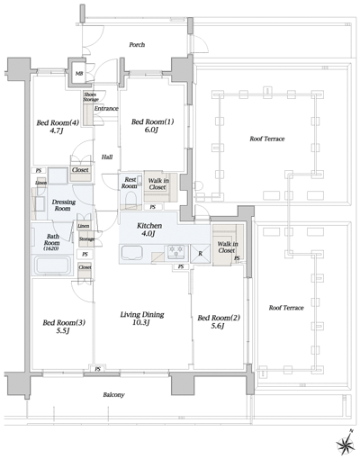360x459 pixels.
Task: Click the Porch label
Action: click(x=137, y=44)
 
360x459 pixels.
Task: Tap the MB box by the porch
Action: click(x=79, y=73)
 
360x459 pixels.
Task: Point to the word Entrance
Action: click(x=106, y=109)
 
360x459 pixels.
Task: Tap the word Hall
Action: click(x=106, y=156)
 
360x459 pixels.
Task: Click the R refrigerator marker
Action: click(x=200, y=254)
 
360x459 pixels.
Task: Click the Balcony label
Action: click(x=113, y=395)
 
